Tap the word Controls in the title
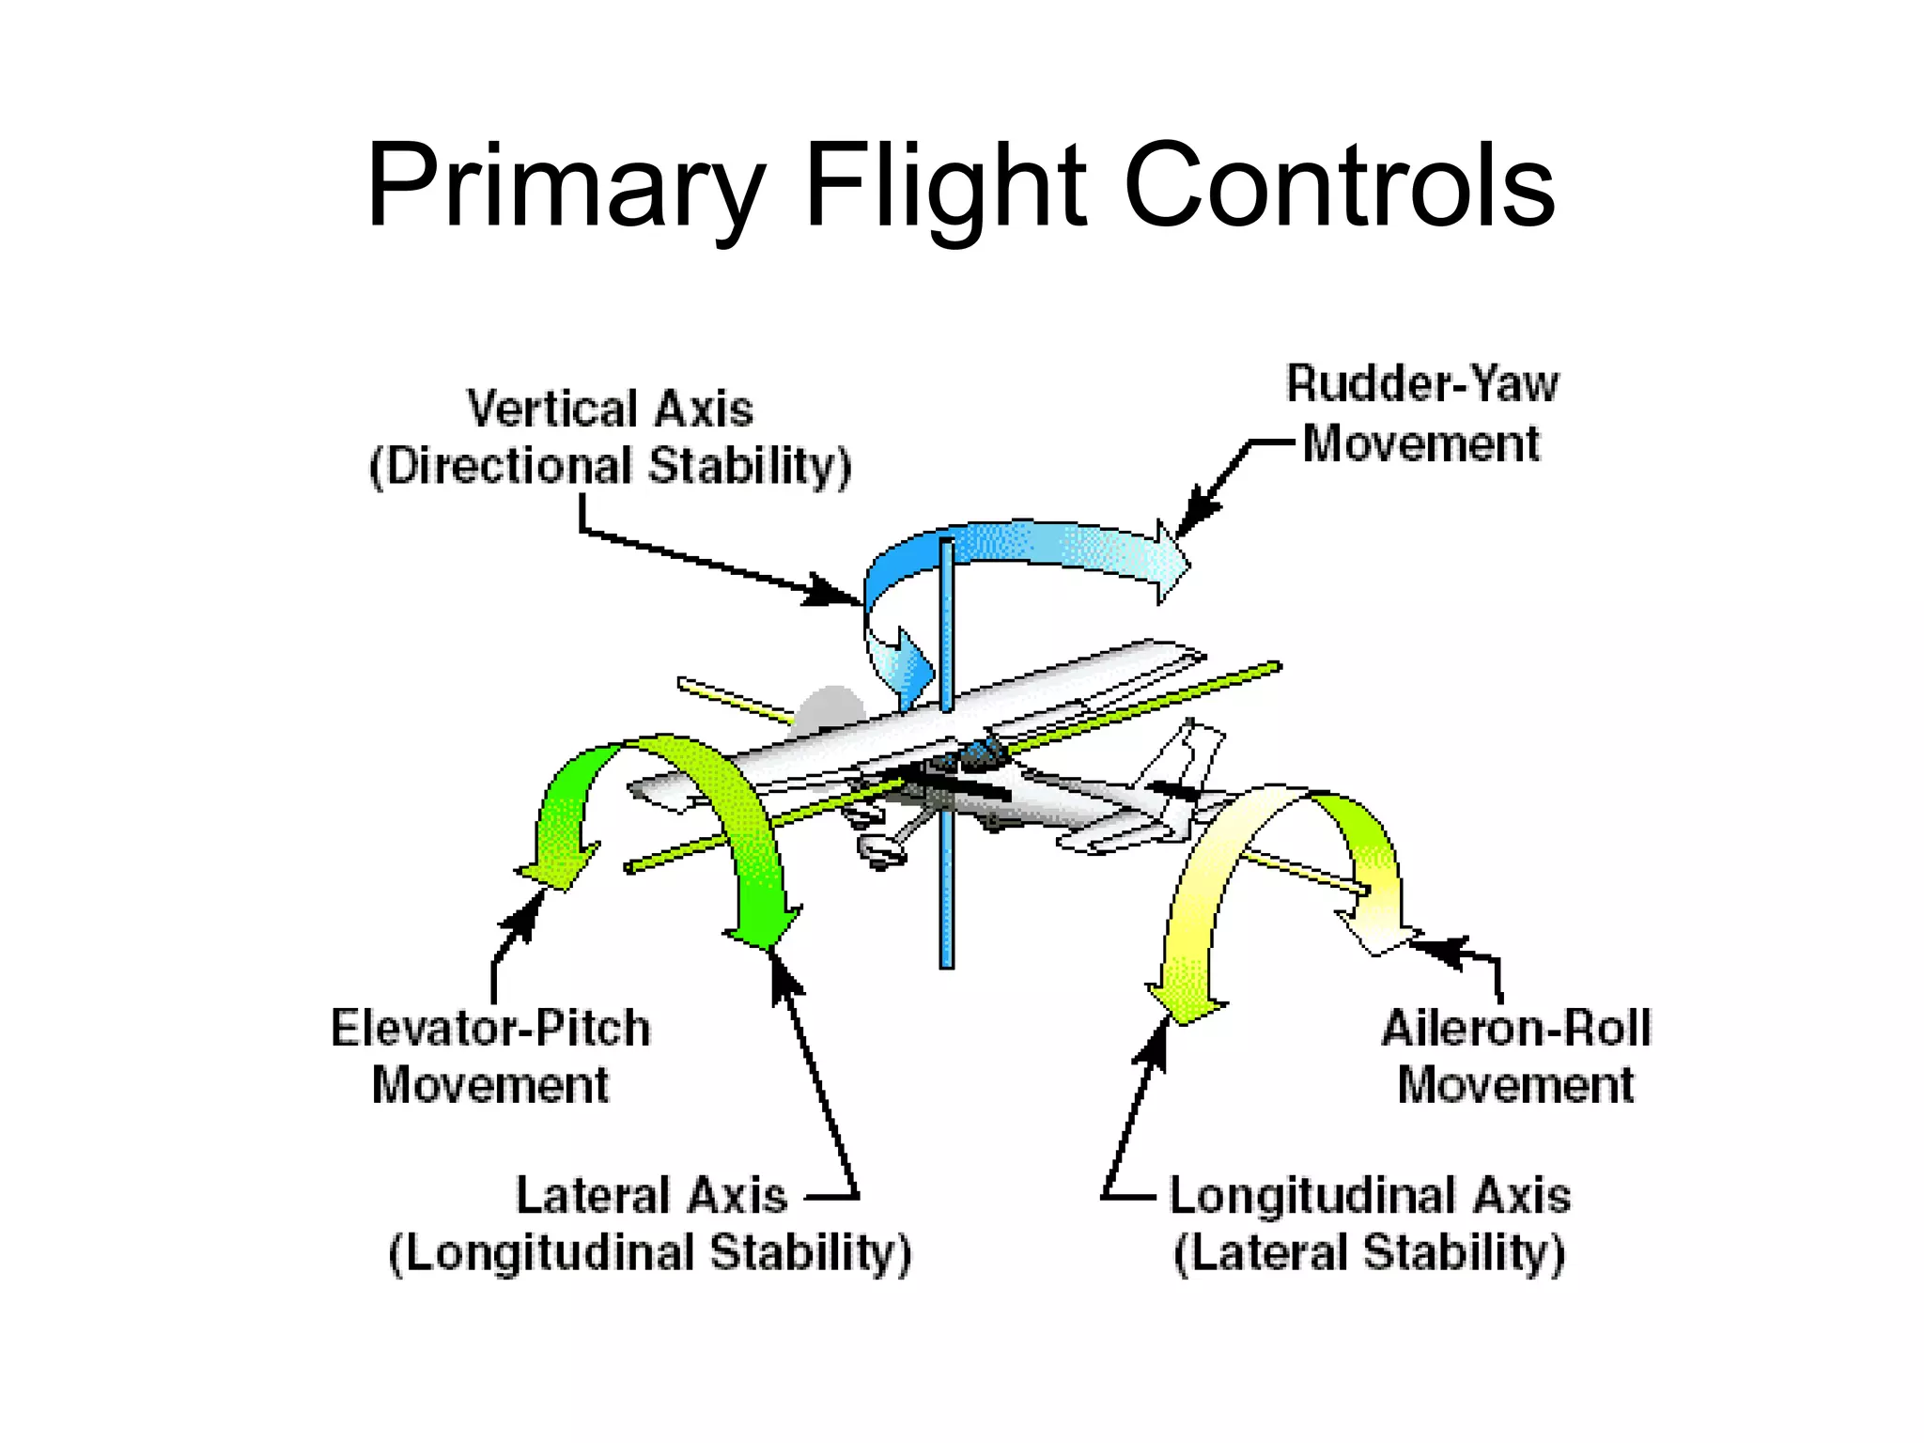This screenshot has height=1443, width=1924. [x=1338, y=186]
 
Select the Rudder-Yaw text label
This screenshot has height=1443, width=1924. [x=1421, y=384]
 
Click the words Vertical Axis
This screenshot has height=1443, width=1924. [x=610, y=410]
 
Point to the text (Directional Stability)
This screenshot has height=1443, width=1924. [x=610, y=467]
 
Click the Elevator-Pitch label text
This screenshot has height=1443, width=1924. [x=489, y=1028]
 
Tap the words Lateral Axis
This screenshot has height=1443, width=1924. [x=651, y=1196]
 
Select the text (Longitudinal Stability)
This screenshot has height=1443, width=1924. [x=650, y=1253]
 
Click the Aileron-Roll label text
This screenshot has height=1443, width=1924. [x=1515, y=1028]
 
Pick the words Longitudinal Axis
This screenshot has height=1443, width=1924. [x=1369, y=1196]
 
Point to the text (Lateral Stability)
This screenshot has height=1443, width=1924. [x=1369, y=1253]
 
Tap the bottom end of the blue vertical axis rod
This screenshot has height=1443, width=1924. [x=946, y=962]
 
